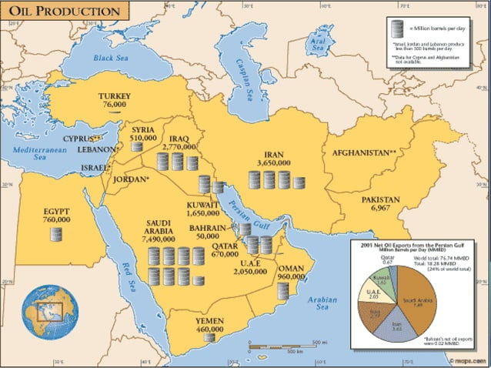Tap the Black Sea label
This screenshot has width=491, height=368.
coord(110,58)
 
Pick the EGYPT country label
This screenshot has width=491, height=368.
coord(56,209)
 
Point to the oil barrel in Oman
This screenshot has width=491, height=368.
coord(285,290)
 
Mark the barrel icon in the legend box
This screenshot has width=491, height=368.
coord(398,29)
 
